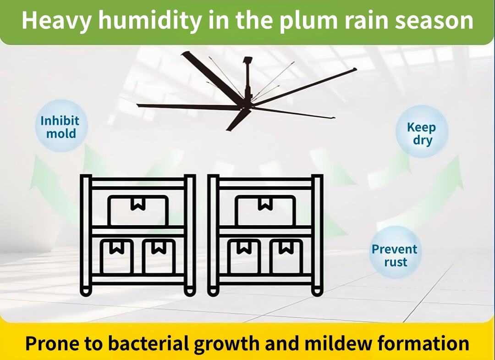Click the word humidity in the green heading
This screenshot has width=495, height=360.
(149, 20)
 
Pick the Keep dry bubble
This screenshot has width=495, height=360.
(422, 132)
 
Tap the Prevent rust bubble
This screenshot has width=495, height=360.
(395, 253)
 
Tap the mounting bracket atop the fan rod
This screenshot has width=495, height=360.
(248, 60)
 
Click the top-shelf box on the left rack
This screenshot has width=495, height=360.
(138, 210)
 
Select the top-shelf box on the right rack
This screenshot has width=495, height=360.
(265, 210)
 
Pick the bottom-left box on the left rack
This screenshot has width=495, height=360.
(116, 256)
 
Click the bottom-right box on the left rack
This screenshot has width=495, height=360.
(159, 256)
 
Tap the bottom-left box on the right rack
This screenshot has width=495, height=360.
(244, 256)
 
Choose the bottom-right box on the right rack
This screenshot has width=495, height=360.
(286, 256)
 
